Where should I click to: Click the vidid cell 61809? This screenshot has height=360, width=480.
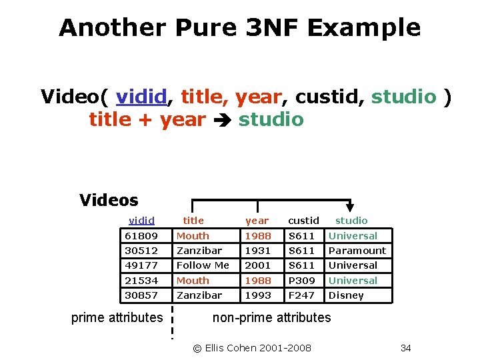click(141, 236)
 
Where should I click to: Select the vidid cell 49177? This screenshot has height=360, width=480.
click(141, 265)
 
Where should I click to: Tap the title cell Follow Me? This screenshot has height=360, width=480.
click(203, 265)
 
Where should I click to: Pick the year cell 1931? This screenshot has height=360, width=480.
click(258, 251)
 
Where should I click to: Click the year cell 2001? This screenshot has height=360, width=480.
click(258, 265)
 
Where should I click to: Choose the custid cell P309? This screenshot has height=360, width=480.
click(301, 281)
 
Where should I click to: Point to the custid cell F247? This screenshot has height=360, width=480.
click(301, 295)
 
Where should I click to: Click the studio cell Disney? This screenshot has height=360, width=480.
click(347, 295)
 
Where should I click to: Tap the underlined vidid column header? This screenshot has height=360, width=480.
click(141, 221)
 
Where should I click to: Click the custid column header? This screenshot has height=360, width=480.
click(303, 221)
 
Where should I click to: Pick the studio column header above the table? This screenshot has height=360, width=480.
click(351, 221)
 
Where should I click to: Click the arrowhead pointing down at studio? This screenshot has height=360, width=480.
click(350, 207)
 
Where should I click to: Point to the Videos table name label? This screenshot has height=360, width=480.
click(109, 200)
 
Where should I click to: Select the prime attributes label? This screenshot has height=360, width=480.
click(117, 317)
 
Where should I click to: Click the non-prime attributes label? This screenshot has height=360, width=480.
click(271, 317)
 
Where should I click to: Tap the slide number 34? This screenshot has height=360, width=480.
click(405, 348)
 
